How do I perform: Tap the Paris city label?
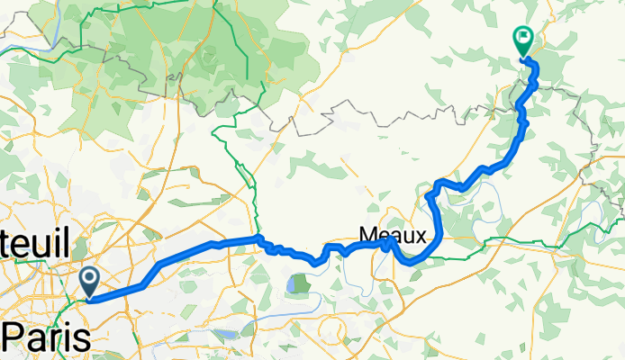click(47, 338)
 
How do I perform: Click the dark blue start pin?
click(90, 280)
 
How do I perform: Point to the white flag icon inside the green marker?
click(521, 38)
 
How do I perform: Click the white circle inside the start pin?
click(90, 277)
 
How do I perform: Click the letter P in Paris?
click(14, 338)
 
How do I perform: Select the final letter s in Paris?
click(82, 339)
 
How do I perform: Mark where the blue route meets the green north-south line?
click(258, 238)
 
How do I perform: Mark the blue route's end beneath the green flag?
click(523, 59)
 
